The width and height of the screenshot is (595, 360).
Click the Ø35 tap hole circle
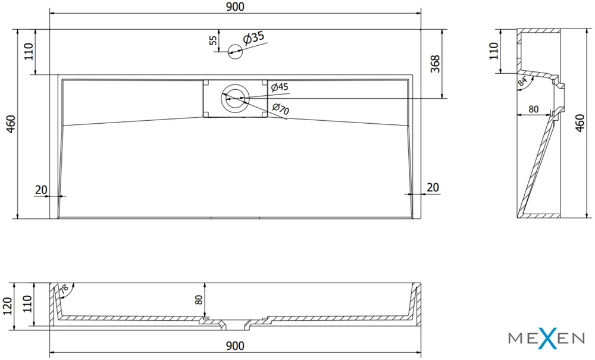pyautogui.click(x=235, y=52)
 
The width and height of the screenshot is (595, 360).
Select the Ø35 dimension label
pyautogui.click(x=253, y=38)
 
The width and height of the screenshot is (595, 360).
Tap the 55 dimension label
pyautogui.click(x=213, y=40)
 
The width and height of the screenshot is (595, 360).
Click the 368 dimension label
pyautogui.click(x=435, y=64)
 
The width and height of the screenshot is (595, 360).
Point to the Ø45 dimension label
pyautogui.click(x=280, y=87)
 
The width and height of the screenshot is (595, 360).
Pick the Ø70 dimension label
pyautogui.click(x=280, y=109)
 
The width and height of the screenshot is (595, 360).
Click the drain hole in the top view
pyautogui.click(x=235, y=98)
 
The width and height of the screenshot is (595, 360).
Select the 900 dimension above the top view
pyautogui.click(x=235, y=7)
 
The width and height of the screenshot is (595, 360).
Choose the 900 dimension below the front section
pyautogui.click(x=235, y=346)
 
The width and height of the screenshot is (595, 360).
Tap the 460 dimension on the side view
pyautogui.click(x=580, y=123)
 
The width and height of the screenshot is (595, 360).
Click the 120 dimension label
pyautogui.click(x=8, y=306)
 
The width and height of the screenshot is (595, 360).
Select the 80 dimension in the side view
pyautogui.click(x=534, y=109)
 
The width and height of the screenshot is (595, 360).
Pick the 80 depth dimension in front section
pyautogui.click(x=199, y=300)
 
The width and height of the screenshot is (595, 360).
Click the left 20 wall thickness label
pyautogui.click(x=40, y=190)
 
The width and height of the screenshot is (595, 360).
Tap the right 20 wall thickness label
pyautogui.click(x=433, y=187)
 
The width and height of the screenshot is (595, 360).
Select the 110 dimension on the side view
pyautogui.click(x=493, y=51)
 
